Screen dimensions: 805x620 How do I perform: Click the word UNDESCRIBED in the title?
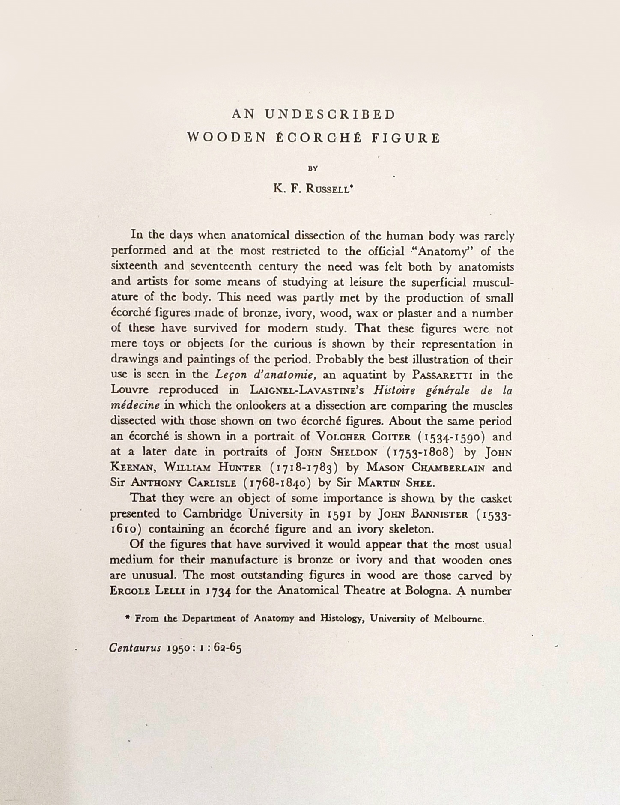pyautogui.click(x=330, y=114)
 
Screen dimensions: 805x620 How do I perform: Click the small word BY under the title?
pyautogui.click(x=313, y=168)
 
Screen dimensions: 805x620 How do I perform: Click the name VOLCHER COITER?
pyautogui.click(x=363, y=437)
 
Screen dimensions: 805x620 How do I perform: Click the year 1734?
pyautogui.click(x=218, y=592)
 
